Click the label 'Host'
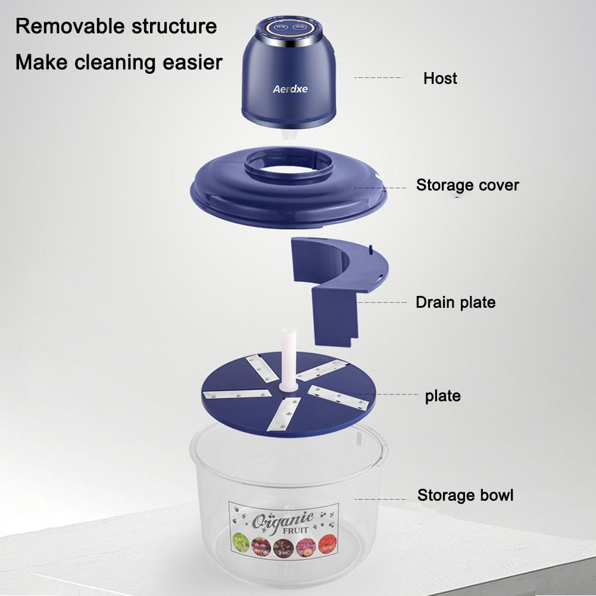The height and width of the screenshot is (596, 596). click(x=440, y=79)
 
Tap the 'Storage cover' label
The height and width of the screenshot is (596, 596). click(x=467, y=185)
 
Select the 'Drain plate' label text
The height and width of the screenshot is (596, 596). click(x=455, y=302)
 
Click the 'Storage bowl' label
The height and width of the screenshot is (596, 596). click(x=465, y=495)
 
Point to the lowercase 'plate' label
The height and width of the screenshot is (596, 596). click(x=442, y=396)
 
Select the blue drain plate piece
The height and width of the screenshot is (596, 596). click(x=333, y=286)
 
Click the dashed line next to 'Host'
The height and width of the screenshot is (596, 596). click(x=377, y=77)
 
